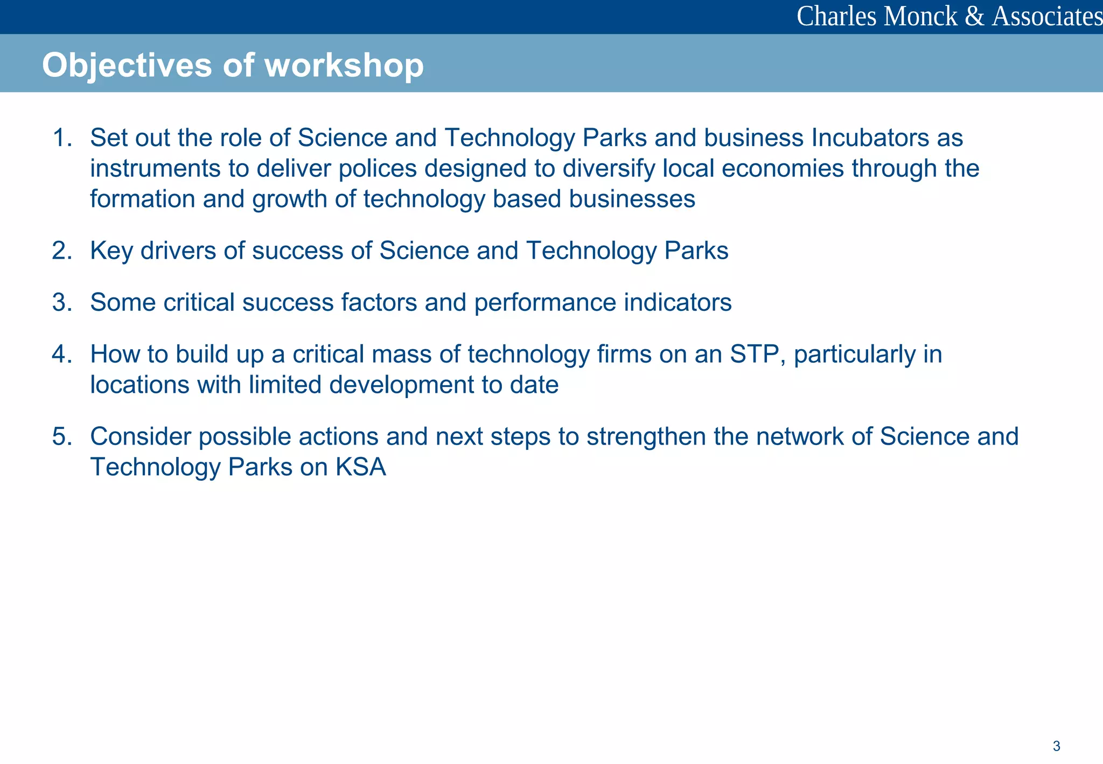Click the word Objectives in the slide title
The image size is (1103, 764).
(127, 65)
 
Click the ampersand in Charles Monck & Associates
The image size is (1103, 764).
(974, 16)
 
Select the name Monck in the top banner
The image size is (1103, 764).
(920, 16)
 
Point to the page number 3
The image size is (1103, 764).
(1056, 746)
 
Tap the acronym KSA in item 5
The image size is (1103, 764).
(361, 467)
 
